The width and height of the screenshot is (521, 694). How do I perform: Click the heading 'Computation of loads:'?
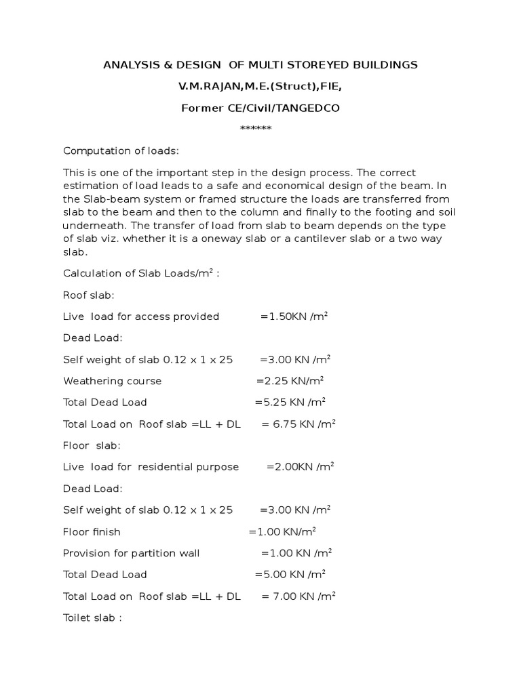coord(121,150)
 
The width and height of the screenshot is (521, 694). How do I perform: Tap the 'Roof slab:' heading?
coord(89,295)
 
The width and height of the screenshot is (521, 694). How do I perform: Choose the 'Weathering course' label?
coord(113,381)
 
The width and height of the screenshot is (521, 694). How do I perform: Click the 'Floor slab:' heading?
coord(92,445)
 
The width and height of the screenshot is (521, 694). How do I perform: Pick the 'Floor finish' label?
coord(92,531)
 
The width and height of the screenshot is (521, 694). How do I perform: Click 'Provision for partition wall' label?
coord(132,553)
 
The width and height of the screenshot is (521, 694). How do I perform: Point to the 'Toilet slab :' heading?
coord(92,617)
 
